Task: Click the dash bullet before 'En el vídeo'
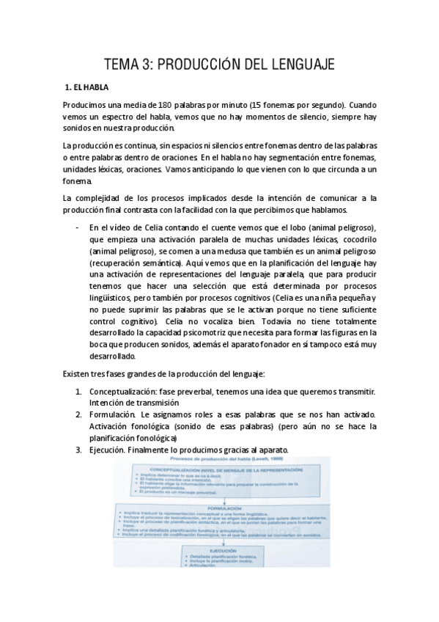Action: coord(77,227)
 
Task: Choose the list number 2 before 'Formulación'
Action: coord(78,414)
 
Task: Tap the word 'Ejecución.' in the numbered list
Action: coord(111,450)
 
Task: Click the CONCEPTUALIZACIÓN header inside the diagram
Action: coord(218,469)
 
